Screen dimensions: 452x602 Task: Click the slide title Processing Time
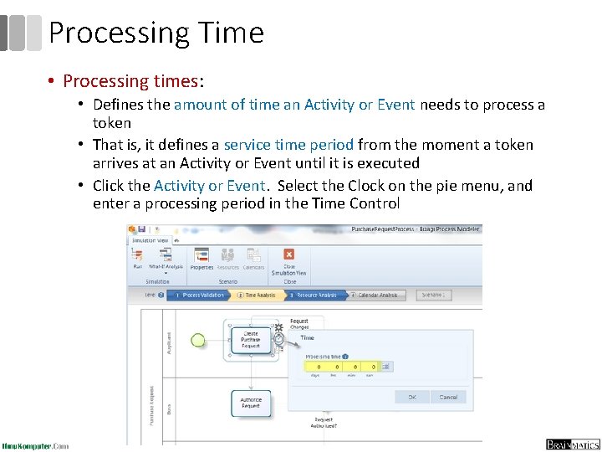click(x=156, y=33)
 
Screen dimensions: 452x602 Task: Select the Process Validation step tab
click(x=197, y=295)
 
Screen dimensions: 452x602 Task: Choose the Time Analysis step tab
click(x=259, y=295)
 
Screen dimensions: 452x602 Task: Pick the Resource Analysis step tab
click(x=315, y=295)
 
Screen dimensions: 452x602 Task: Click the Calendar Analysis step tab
click(x=375, y=295)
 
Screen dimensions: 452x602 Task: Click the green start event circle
click(x=198, y=339)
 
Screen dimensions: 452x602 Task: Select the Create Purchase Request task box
click(x=250, y=339)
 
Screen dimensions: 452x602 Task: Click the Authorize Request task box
click(x=250, y=403)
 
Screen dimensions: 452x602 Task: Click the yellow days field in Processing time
click(x=316, y=367)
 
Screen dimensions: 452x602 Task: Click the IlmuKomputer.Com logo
click(x=36, y=445)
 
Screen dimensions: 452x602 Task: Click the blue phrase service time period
click(x=288, y=145)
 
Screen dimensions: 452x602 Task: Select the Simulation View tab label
click(x=151, y=240)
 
